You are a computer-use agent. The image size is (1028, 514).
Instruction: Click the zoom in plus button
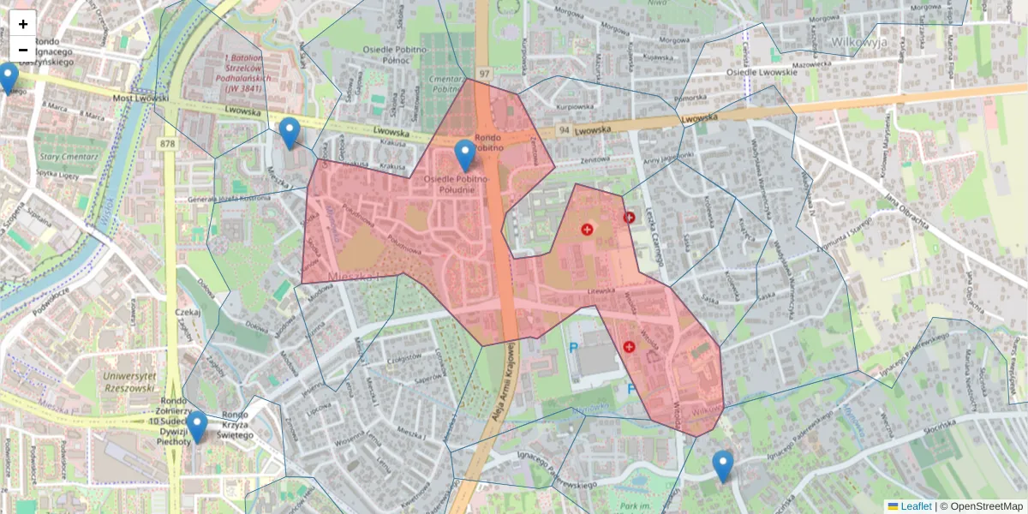pyautogui.click(x=23, y=24)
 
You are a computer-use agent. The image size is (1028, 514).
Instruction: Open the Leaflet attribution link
pyautogui.click(x=915, y=506)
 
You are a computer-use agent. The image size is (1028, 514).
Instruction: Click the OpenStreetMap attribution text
pyautogui.click(x=986, y=506)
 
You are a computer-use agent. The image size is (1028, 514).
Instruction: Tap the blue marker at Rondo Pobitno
pyautogui.click(x=465, y=155)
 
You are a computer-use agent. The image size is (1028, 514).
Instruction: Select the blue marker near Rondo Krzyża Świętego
pyautogui.click(x=197, y=426)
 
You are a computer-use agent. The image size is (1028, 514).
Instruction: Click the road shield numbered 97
pyautogui.click(x=484, y=74)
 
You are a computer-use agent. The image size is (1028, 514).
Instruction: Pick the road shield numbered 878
pyautogui.click(x=167, y=143)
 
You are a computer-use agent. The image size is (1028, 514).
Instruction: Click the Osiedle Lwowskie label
pyautogui.click(x=762, y=72)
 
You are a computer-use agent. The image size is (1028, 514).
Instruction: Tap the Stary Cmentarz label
pyautogui.click(x=61, y=158)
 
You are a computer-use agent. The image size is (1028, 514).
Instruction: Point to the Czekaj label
pyautogui.click(x=188, y=313)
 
